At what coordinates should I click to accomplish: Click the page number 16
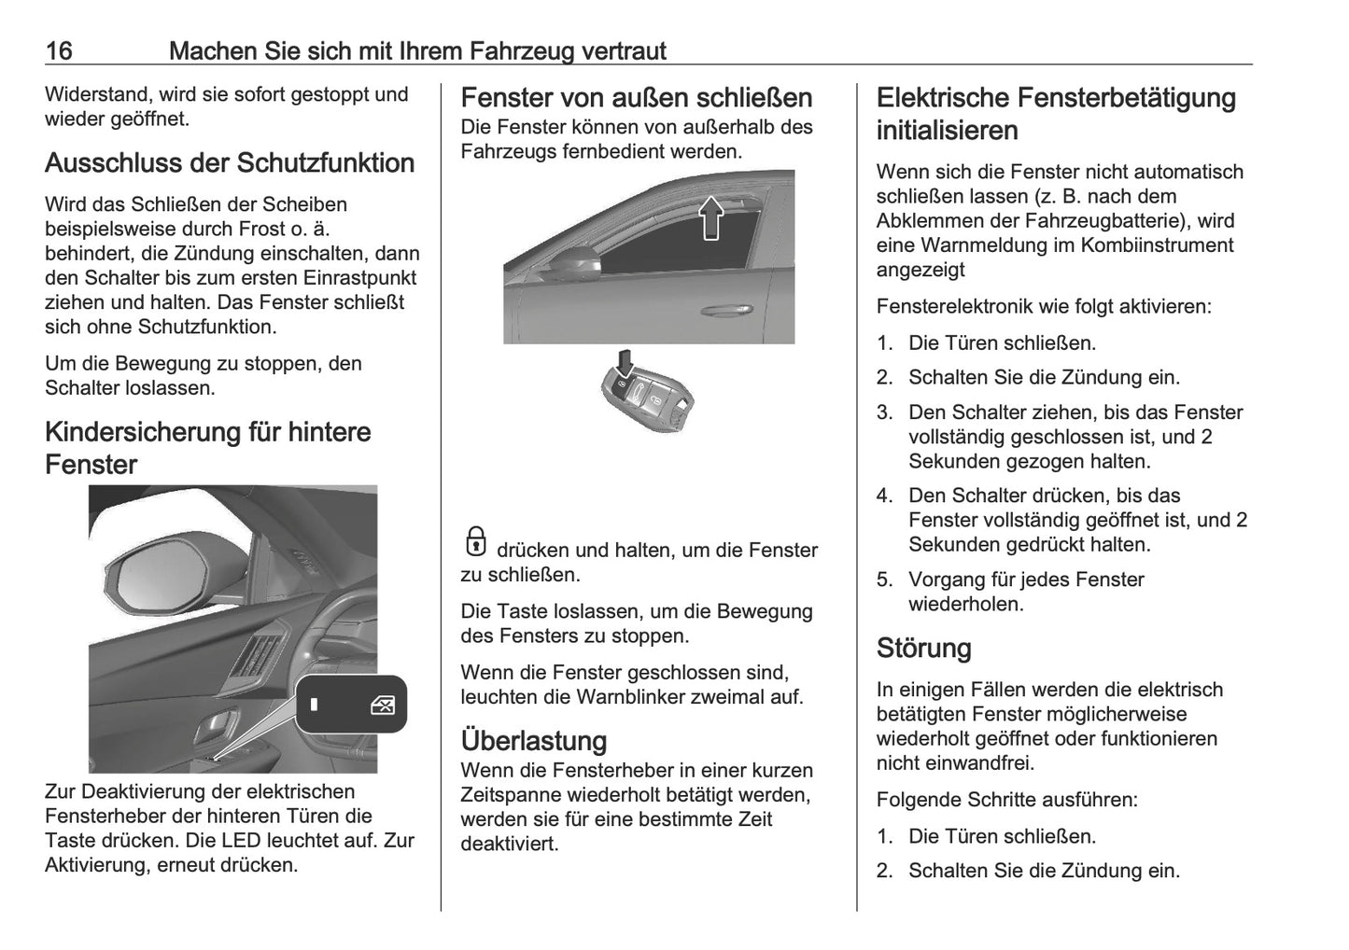[59, 50]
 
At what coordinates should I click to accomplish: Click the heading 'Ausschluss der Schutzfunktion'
[230, 163]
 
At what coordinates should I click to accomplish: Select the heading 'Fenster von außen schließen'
[637, 98]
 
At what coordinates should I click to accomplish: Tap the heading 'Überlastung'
[534, 740]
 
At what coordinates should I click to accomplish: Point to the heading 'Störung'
[923, 648]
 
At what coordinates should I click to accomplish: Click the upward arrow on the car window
[711, 217]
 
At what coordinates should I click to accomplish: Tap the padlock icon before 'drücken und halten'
[475, 542]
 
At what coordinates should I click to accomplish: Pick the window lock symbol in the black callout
[383, 705]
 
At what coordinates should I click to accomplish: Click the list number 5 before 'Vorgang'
[884, 580]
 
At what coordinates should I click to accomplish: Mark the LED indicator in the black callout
[314, 705]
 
